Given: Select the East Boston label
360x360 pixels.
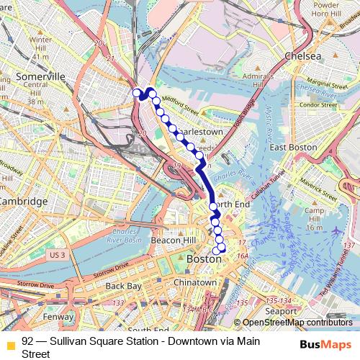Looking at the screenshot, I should point(292,147).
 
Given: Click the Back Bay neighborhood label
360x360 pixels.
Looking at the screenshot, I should point(123,286).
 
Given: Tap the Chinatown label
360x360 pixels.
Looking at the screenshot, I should point(194,282).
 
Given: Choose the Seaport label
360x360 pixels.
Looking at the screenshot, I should point(280,310).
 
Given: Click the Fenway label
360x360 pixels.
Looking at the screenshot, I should point(58,316).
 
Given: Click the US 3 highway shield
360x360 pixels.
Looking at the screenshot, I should point(58,255).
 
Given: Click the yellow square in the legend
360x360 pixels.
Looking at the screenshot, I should point(10,344).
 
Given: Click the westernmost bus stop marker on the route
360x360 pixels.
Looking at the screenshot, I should point(136,91).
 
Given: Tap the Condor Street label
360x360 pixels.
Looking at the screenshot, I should point(318,104).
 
